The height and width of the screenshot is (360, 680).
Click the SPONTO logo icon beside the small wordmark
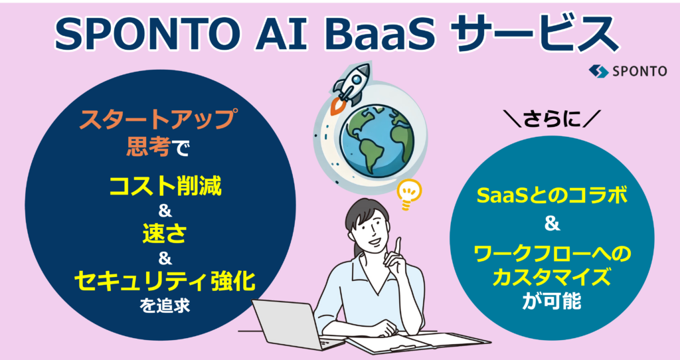(598, 71)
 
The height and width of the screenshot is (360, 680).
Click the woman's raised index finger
(398, 246)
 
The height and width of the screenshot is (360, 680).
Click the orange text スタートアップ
(159, 120)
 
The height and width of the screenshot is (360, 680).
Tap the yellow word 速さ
(165, 234)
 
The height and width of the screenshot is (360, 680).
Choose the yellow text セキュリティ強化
(165, 282)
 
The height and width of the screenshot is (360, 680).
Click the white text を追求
(165, 306)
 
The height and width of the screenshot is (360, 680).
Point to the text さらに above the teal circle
(552, 120)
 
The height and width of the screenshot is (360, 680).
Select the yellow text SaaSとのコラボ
(552, 197)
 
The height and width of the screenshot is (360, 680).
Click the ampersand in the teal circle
(552, 225)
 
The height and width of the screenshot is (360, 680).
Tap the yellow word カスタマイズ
(552, 278)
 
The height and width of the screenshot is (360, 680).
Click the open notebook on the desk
(417, 341)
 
